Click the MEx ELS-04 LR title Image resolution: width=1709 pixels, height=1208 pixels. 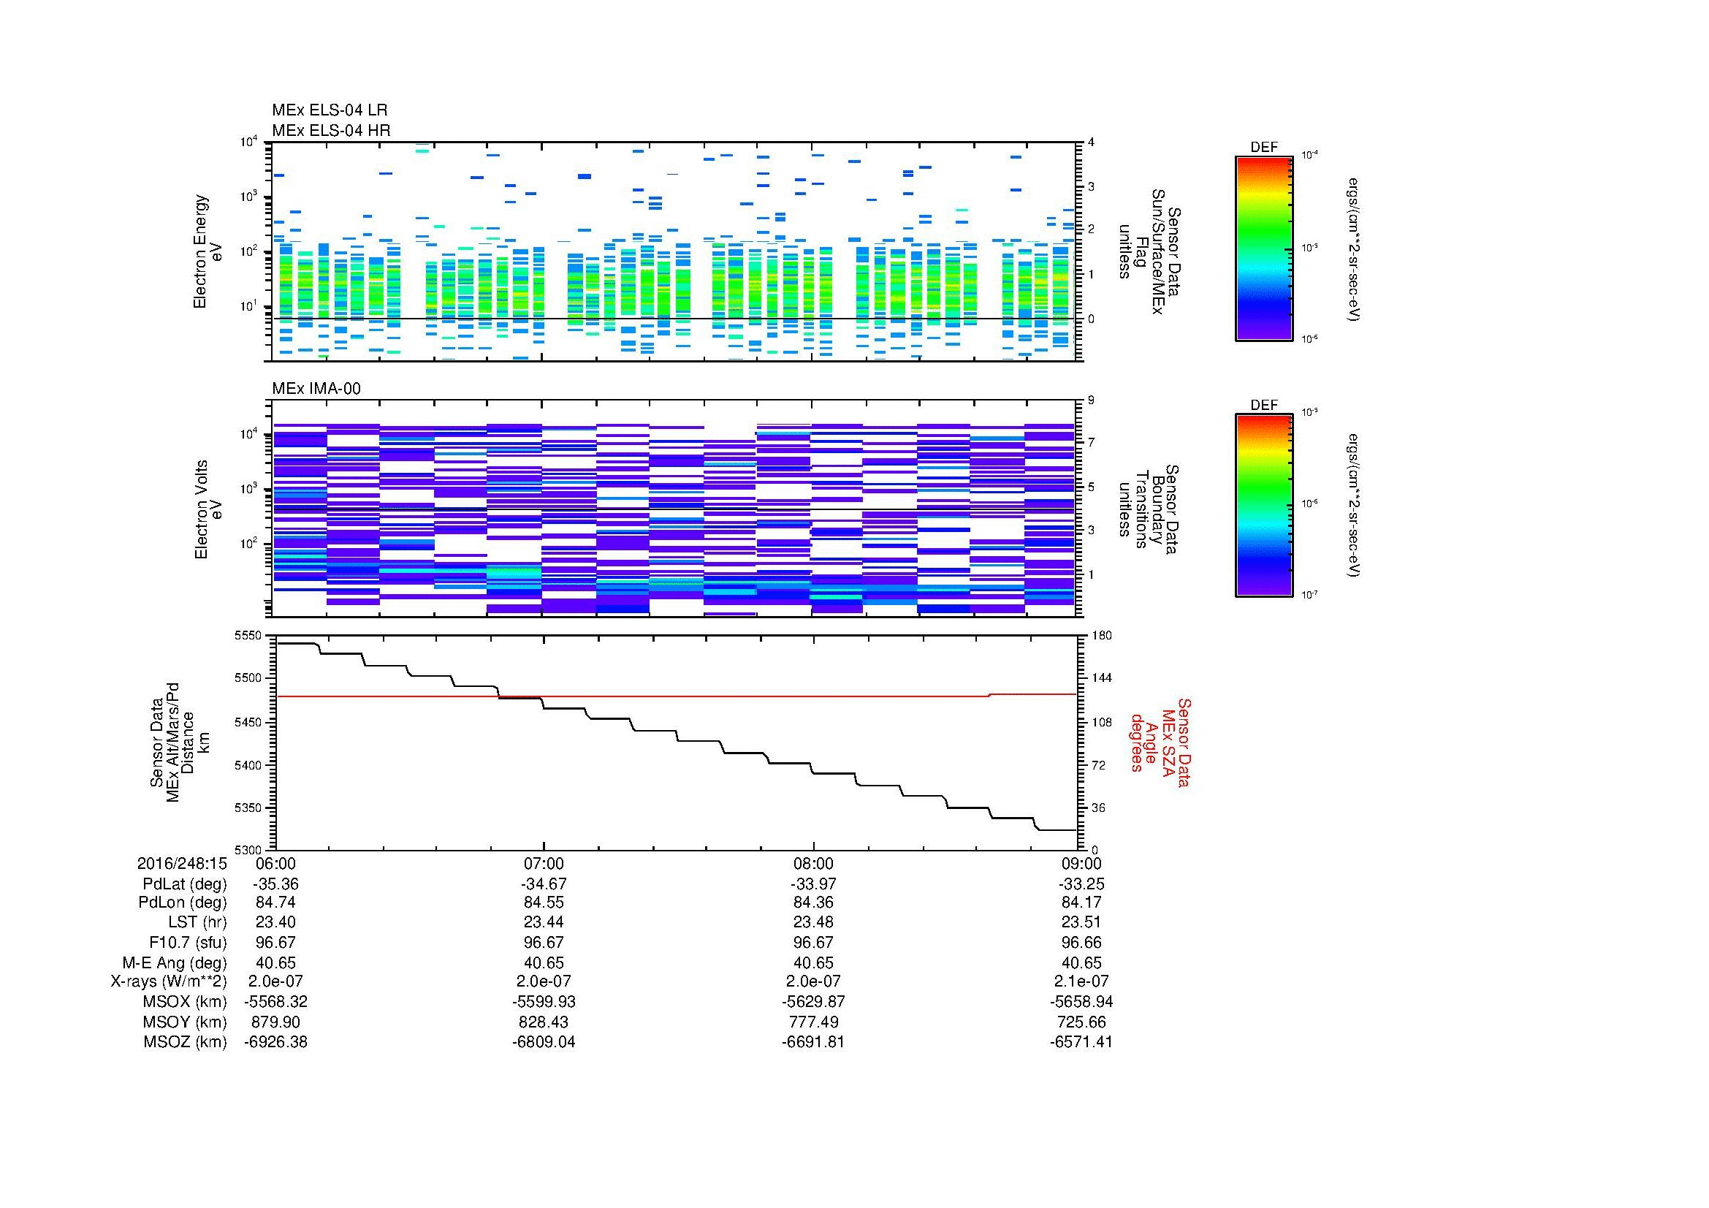click(x=329, y=110)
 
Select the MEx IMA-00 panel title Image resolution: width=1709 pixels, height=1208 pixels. click(x=316, y=389)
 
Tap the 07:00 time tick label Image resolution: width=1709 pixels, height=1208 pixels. click(x=544, y=863)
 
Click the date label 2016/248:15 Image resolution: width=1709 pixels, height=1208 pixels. click(x=182, y=863)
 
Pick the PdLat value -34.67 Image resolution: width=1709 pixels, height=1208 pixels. click(x=544, y=884)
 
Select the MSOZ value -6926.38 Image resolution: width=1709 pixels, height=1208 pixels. click(x=275, y=1042)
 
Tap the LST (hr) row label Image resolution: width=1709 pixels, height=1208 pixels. click(x=197, y=922)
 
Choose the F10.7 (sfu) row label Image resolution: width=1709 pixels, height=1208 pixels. click(x=188, y=942)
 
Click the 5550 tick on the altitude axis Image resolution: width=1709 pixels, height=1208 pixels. click(x=248, y=636)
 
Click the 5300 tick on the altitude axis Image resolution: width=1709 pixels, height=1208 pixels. click(x=248, y=850)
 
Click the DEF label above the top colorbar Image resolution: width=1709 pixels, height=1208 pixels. click(x=1264, y=148)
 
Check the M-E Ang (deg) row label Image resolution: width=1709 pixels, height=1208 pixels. click(x=174, y=962)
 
